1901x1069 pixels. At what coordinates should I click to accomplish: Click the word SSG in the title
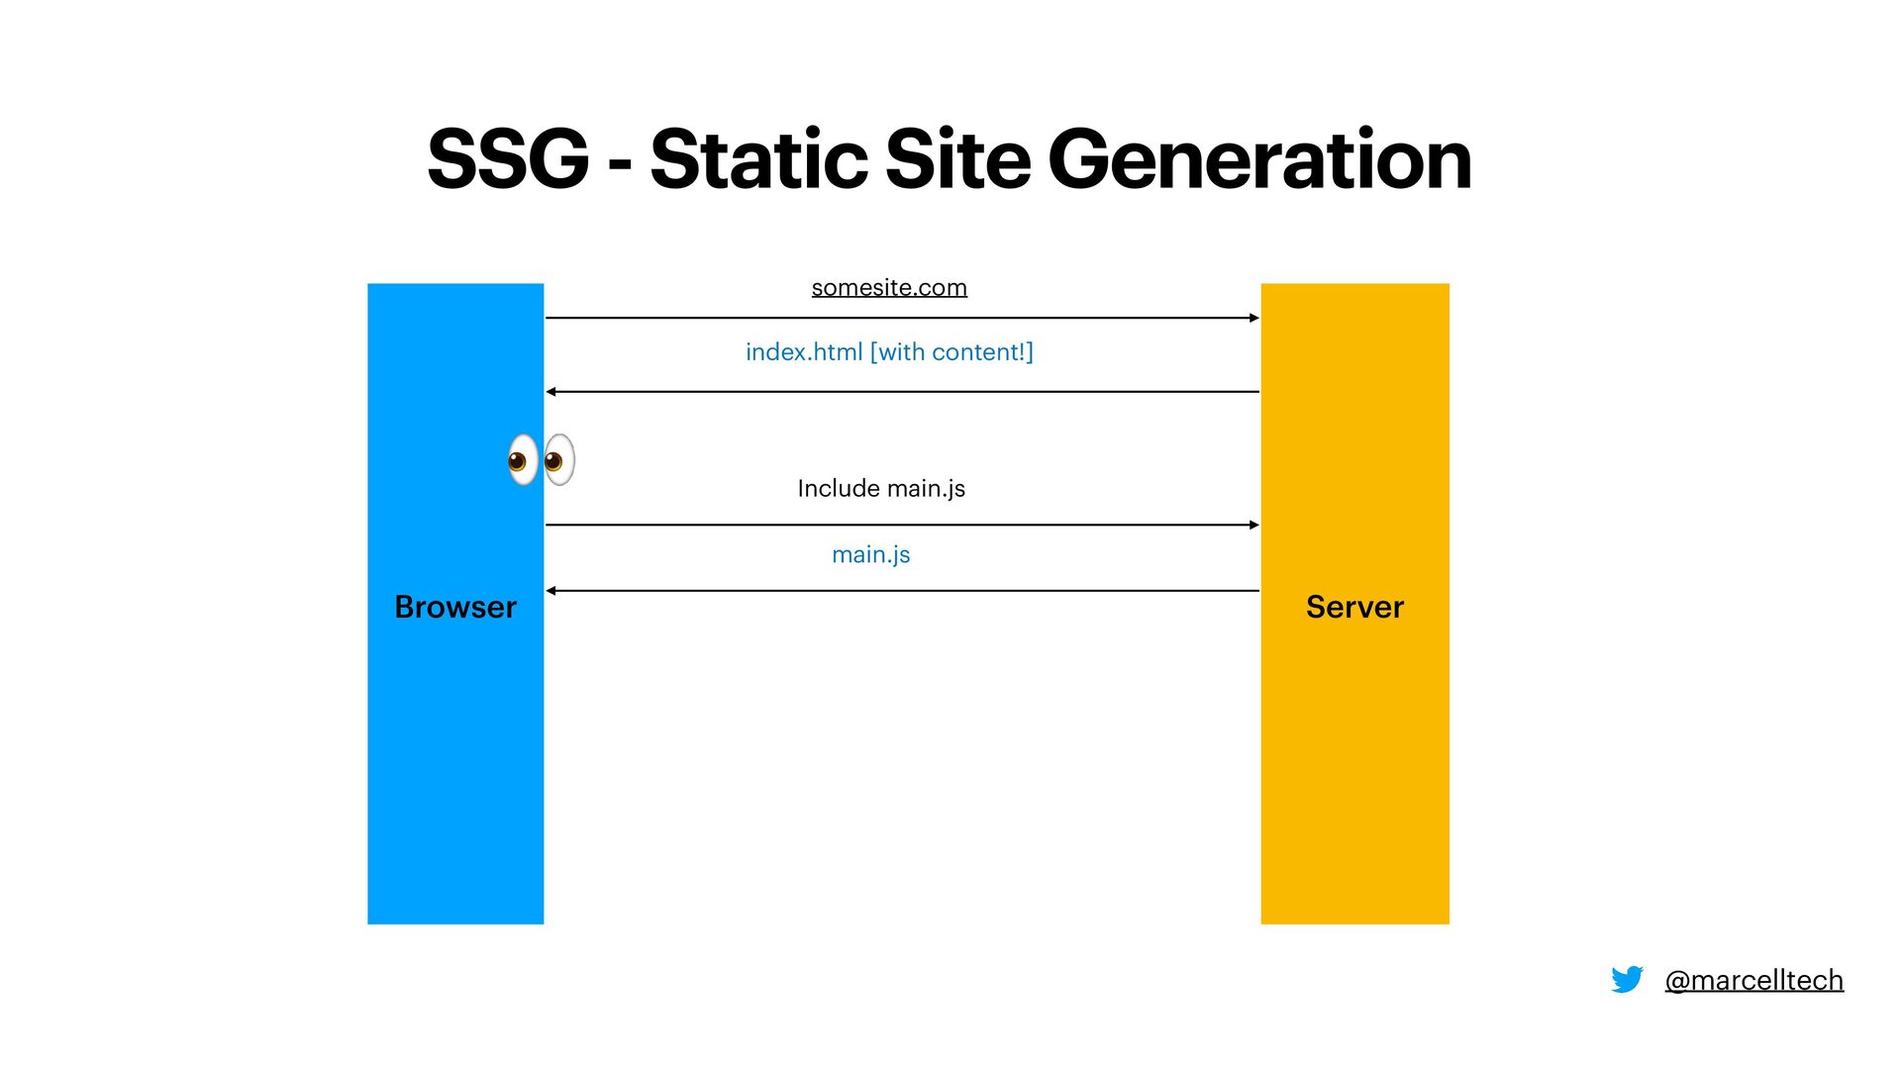[508, 159]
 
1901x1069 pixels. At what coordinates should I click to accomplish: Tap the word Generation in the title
[1259, 159]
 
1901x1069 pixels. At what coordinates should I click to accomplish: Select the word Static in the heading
[758, 159]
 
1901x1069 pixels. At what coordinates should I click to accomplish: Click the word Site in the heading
[957, 159]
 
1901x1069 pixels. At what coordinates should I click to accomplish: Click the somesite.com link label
[889, 287]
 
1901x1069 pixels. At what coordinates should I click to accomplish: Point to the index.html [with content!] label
[889, 352]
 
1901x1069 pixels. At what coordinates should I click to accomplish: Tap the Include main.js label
[881, 488]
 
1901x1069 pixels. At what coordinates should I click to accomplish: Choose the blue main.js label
[870, 554]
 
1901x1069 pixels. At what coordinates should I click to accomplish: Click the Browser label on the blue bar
[455, 607]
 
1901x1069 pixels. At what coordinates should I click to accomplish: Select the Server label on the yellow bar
[1354, 607]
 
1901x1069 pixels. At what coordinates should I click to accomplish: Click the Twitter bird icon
[1627, 980]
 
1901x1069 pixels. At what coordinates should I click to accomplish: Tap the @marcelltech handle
[1753, 980]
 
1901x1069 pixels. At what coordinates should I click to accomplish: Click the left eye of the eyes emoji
[522, 459]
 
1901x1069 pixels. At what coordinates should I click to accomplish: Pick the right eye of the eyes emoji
[559, 459]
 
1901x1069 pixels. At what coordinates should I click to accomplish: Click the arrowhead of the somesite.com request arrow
[1254, 318]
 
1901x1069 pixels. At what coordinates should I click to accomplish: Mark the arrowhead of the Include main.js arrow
[1254, 525]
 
